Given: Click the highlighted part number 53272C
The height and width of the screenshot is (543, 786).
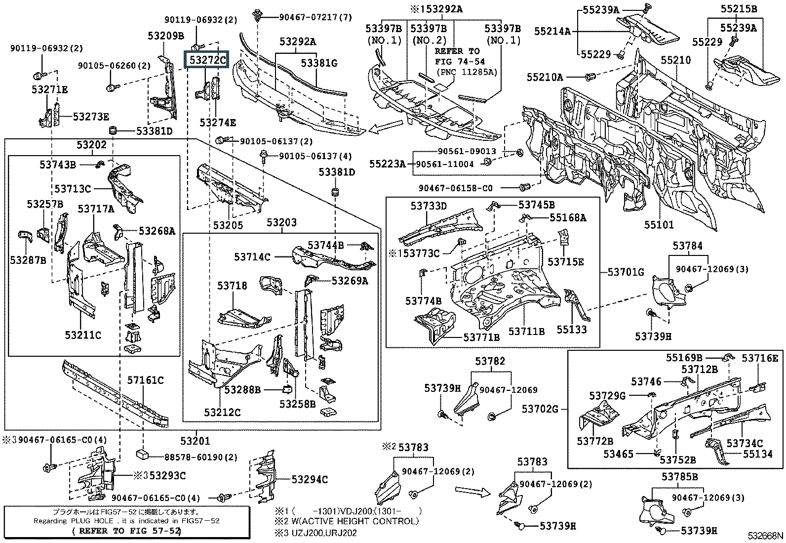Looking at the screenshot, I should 206,60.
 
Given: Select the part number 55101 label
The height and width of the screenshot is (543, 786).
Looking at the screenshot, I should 659,225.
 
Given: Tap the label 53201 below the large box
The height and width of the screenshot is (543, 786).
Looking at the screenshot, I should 195,441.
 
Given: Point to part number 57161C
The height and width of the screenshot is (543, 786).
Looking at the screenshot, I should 146,380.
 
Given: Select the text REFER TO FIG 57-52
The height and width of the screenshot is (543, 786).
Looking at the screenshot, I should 126,531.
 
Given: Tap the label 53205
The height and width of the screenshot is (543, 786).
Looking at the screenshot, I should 228,225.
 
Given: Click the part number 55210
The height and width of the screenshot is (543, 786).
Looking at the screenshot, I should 676,60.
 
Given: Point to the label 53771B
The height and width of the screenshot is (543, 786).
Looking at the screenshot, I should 481,337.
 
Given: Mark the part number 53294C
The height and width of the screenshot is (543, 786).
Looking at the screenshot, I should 310,479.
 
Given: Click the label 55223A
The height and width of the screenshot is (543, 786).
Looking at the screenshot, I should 388,164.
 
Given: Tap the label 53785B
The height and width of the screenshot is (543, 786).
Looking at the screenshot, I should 680,476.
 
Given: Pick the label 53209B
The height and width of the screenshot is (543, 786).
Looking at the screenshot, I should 166,36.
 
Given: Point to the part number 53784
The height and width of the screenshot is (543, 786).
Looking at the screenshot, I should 687,246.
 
